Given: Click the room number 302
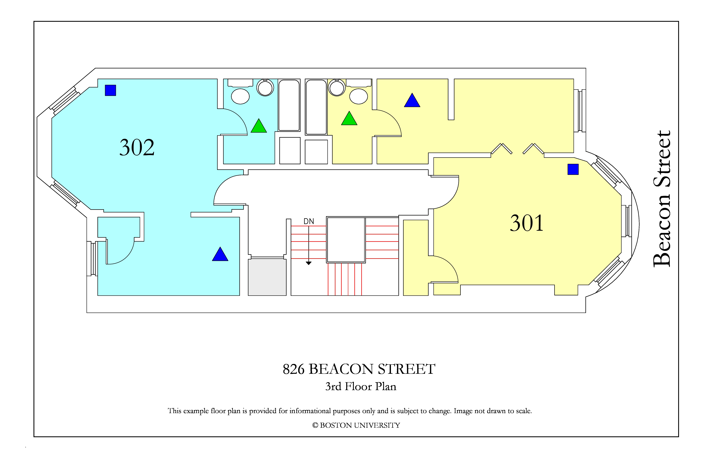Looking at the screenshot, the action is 137,147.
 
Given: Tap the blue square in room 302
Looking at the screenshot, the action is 110,90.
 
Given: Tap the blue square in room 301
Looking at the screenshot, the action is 573,170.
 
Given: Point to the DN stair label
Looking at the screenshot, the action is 309,221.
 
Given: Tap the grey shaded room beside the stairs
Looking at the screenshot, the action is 267,277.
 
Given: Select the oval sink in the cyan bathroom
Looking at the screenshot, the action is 240,96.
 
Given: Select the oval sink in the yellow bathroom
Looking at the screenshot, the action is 359,96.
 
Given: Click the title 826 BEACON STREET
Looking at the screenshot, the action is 359,369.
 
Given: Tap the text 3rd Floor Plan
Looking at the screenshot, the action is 361,386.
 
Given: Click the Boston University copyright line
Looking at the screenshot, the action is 356,425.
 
